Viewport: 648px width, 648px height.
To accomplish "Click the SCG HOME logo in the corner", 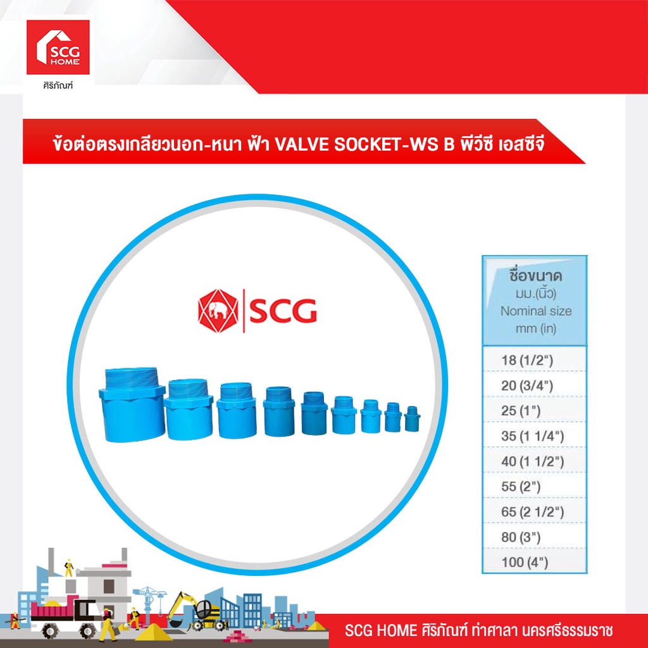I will (58, 47).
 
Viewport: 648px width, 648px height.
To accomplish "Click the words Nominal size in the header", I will (535, 311).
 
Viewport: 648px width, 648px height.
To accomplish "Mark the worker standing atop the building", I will (69, 567).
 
